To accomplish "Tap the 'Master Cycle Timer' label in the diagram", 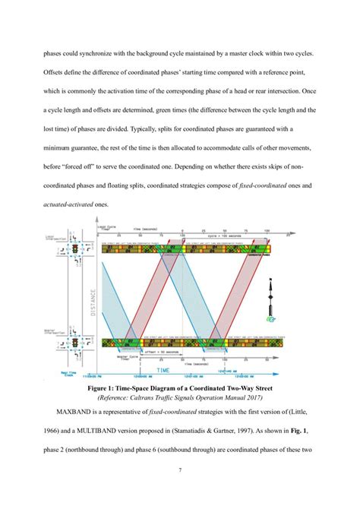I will coord(116,356).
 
